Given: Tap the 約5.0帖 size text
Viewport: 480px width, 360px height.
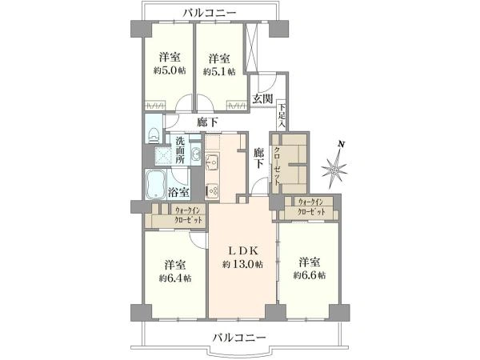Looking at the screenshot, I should (168, 71).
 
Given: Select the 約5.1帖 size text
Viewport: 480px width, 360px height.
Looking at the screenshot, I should (219, 71).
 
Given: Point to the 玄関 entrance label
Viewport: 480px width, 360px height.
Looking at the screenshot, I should (263, 99).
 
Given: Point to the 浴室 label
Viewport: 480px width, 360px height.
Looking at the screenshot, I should (179, 192).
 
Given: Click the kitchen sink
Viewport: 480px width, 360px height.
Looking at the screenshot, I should (213, 164).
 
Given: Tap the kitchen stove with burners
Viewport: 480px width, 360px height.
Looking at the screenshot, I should (214, 190).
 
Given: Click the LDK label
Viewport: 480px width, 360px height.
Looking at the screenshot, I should (242, 250).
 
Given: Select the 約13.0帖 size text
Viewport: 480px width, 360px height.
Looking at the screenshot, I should (242, 265).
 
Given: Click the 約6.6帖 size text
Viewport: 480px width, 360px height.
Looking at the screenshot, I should (308, 274).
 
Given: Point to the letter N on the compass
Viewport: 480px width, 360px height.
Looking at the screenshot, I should (342, 144).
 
